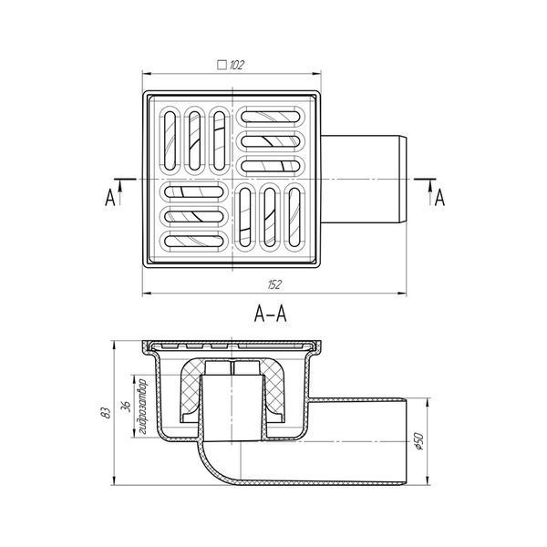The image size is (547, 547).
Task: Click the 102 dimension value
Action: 237,65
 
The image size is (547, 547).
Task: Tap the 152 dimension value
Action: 274,284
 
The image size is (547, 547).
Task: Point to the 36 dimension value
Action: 127,406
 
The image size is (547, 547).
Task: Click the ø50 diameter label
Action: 418,441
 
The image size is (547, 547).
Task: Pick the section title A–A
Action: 271,314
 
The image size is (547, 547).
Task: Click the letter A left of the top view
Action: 110,198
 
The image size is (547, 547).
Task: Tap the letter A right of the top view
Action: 440,198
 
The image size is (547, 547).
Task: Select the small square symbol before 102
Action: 222,66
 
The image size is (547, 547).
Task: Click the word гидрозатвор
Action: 142,407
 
